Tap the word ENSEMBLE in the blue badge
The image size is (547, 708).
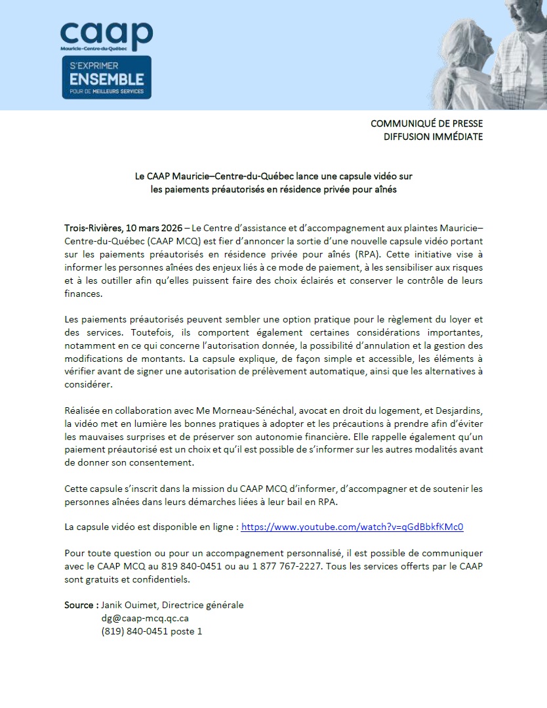click(x=106, y=79)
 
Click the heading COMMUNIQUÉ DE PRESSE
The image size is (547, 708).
click(x=426, y=123)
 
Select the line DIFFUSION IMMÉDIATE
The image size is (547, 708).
click(x=433, y=137)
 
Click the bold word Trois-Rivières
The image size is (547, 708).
click(x=92, y=227)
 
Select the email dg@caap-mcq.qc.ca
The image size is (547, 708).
click(x=145, y=618)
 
